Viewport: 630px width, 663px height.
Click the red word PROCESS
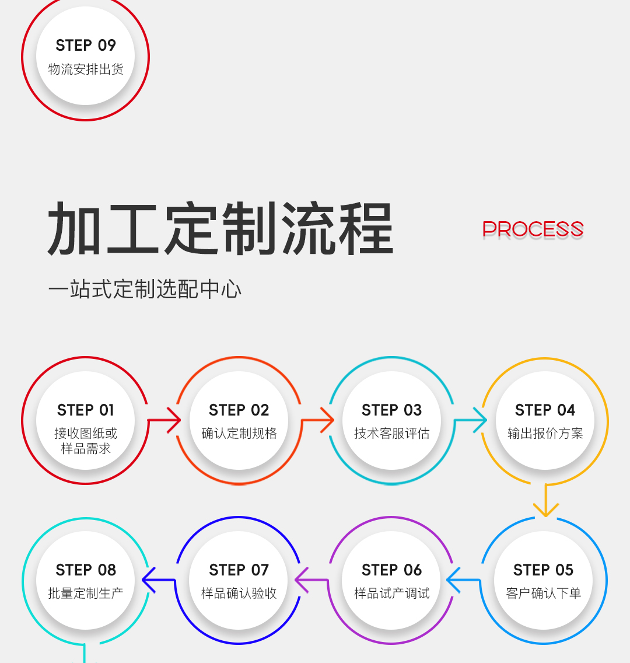533,229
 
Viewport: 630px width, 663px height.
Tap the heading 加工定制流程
220,228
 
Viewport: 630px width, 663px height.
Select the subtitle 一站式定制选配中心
145,289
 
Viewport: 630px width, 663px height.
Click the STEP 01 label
86,410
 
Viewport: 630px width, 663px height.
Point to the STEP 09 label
86,46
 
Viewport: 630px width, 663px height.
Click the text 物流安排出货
86,69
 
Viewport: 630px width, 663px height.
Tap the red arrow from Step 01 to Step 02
164,420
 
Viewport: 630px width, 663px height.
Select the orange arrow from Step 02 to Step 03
318,420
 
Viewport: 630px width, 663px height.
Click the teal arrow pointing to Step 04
471,420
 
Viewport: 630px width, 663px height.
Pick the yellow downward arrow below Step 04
546,501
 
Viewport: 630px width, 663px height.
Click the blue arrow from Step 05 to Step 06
464,580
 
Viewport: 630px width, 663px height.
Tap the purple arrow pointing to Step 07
311,580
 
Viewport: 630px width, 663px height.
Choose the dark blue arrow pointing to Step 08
159,580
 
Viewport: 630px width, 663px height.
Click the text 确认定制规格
239,434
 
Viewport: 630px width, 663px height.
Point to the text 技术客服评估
391,434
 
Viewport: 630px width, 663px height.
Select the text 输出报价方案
545,434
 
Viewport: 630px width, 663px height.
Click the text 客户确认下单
544,593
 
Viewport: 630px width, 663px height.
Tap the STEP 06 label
391,570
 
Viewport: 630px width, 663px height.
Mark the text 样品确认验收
239,593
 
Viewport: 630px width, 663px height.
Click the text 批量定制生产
86,593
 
